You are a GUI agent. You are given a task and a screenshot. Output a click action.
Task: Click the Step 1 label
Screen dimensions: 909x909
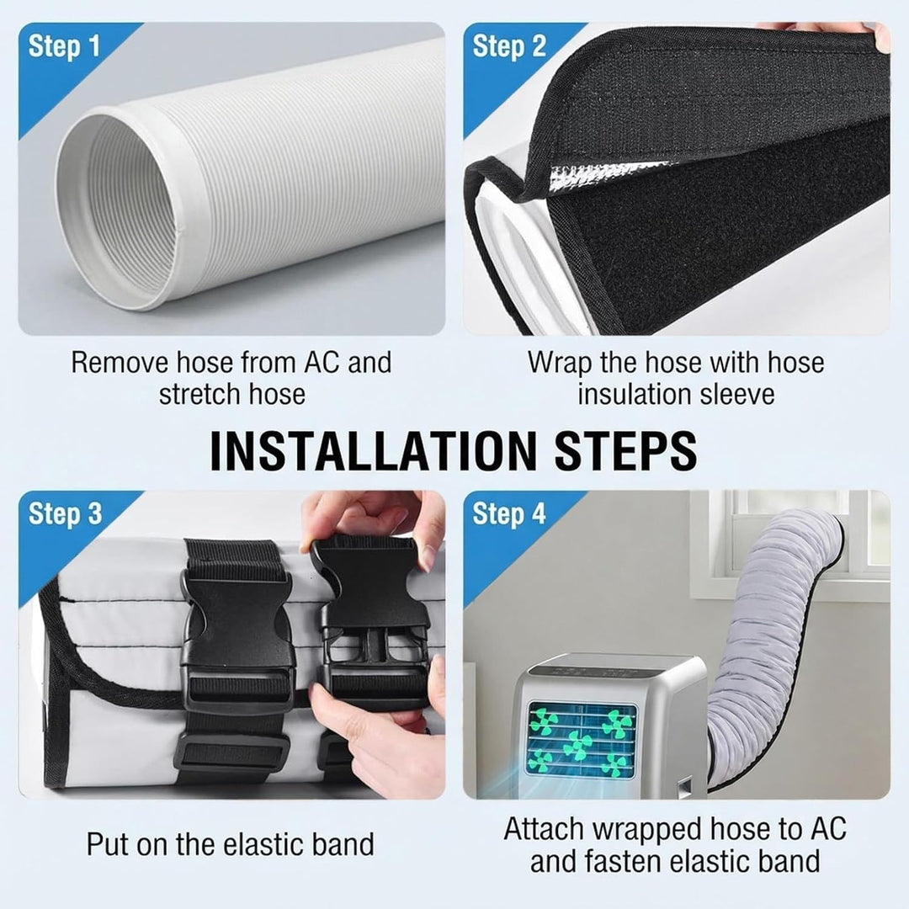coord(64,45)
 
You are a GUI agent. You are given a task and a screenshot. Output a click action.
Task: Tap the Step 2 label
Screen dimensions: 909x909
coord(509,45)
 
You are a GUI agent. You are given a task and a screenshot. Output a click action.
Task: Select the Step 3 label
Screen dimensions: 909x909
coord(65,513)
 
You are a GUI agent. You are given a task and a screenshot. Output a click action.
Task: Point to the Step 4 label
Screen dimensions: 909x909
coord(509,513)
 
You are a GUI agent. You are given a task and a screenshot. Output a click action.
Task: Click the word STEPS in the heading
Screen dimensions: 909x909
coord(626,450)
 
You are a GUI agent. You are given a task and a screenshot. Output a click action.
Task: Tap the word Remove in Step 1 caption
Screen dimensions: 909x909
coord(120,363)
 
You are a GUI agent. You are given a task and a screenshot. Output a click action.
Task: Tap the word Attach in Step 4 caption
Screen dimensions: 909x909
coord(544,829)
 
